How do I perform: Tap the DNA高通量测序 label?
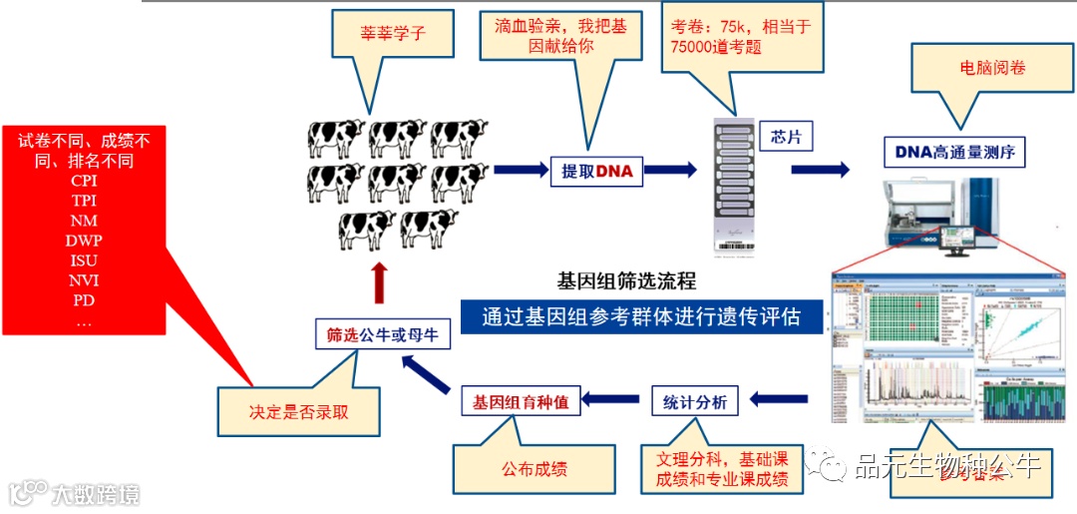tap(954, 152)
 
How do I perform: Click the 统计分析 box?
tap(696, 402)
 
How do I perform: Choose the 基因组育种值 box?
tap(521, 402)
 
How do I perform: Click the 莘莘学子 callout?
tap(393, 34)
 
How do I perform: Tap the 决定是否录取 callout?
tap(298, 411)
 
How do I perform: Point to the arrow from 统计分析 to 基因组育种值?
tap(610, 400)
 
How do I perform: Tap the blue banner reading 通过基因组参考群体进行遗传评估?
tap(643, 316)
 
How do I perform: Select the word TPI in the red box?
tap(84, 199)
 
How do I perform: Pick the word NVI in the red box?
tap(84, 278)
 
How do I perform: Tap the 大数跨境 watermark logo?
tap(75, 493)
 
